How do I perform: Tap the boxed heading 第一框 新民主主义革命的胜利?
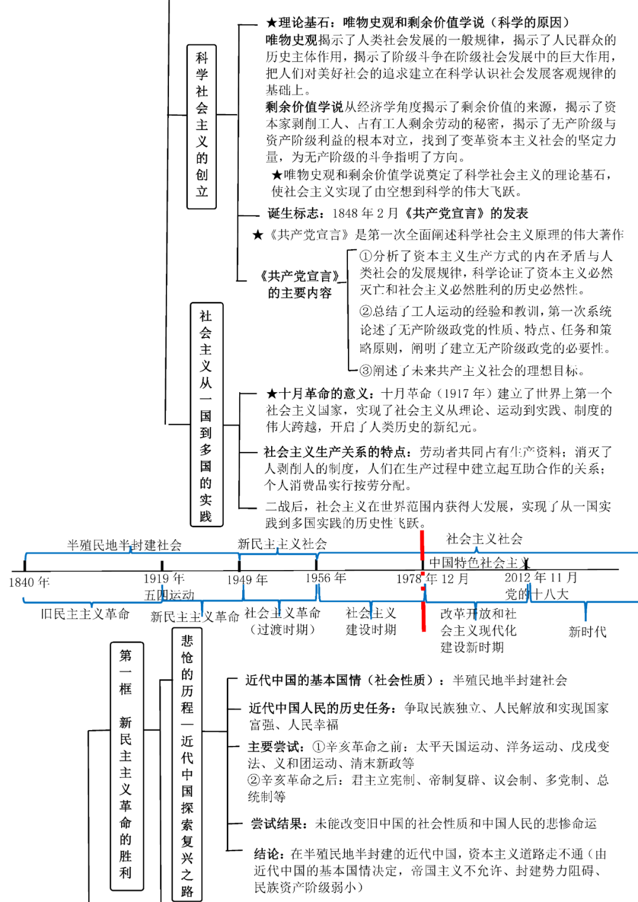(126, 766)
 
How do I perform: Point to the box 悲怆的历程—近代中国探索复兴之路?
(187, 766)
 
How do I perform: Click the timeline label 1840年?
(29, 582)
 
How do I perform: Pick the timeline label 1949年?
(247, 580)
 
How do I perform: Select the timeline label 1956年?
(325, 578)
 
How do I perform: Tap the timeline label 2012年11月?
(541, 577)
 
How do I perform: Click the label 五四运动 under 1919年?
(169, 595)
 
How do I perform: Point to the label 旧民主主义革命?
(85, 614)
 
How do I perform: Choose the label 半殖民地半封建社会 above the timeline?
(124, 545)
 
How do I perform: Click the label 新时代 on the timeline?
(587, 631)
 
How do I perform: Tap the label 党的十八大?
(536, 594)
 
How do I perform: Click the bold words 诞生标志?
(295, 213)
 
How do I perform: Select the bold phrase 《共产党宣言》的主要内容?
(300, 284)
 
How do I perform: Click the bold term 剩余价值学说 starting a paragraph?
(304, 107)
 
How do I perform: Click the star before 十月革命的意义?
(272, 393)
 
